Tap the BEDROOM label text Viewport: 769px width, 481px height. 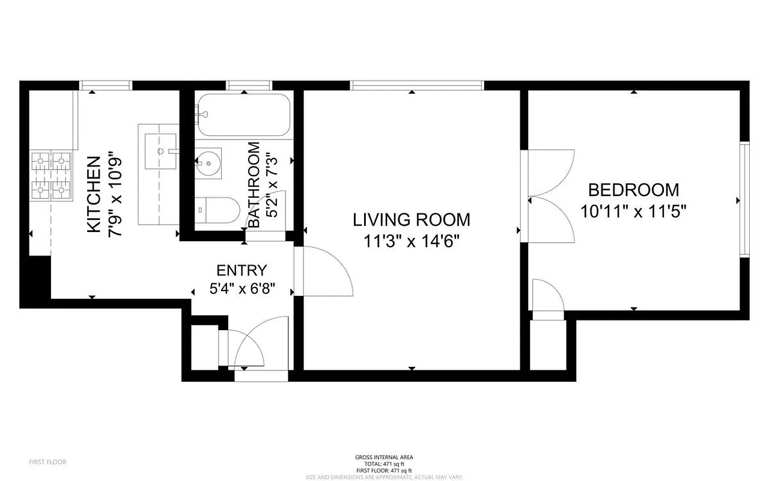click(x=633, y=190)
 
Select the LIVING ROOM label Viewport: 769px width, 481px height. click(x=412, y=219)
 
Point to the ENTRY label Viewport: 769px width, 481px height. click(x=242, y=271)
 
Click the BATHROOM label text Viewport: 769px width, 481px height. click(x=254, y=185)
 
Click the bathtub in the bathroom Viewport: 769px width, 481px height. click(x=243, y=115)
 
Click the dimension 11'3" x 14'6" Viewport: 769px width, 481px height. click(x=412, y=241)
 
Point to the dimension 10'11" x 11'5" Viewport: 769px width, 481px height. click(x=633, y=211)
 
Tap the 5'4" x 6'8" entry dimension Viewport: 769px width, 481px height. click(x=242, y=289)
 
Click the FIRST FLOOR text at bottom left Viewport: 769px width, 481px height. click(x=47, y=462)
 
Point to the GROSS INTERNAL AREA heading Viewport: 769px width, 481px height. click(x=384, y=458)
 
